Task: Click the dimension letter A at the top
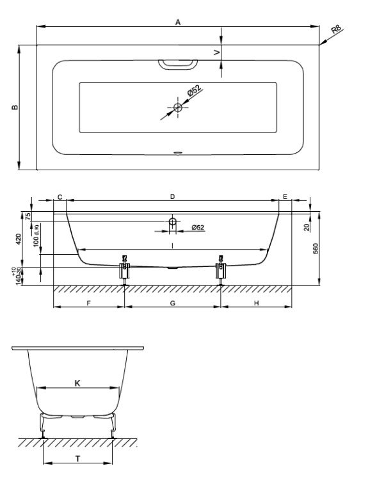click(178, 22)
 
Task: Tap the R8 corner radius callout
click(336, 29)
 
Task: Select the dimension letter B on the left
click(15, 107)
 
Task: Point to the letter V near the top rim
click(217, 52)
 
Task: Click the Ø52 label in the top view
click(194, 91)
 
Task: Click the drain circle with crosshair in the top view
click(177, 107)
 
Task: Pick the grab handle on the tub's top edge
click(177, 65)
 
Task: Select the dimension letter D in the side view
click(172, 196)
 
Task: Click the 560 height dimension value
click(316, 248)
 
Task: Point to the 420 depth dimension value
click(19, 239)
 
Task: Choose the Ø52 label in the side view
click(198, 227)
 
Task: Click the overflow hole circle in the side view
click(173, 221)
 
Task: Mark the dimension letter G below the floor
click(173, 303)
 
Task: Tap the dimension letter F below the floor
click(89, 303)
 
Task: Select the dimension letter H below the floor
click(257, 303)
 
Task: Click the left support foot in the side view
click(124, 270)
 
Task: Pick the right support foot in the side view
click(221, 270)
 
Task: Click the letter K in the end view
click(77, 383)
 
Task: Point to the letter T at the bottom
click(78, 459)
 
